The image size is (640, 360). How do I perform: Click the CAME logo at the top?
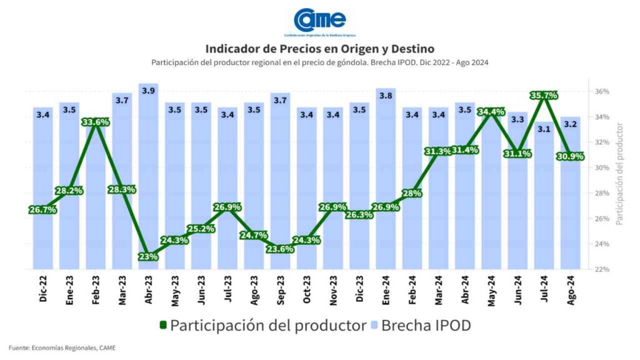319,21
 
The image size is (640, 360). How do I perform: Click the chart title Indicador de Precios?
319,48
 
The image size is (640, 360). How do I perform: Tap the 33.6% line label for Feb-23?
96,122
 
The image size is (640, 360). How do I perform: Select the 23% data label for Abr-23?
149,256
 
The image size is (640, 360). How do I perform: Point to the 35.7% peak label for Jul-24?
543,96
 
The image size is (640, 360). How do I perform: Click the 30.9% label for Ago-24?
569,156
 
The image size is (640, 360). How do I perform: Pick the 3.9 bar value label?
149,91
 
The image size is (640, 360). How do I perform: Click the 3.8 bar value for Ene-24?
386,96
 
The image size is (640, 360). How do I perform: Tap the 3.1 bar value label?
543,129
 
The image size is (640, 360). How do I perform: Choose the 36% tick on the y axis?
602,91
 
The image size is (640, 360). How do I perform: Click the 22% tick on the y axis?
602,269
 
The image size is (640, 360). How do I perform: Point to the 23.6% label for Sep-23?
280,248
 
